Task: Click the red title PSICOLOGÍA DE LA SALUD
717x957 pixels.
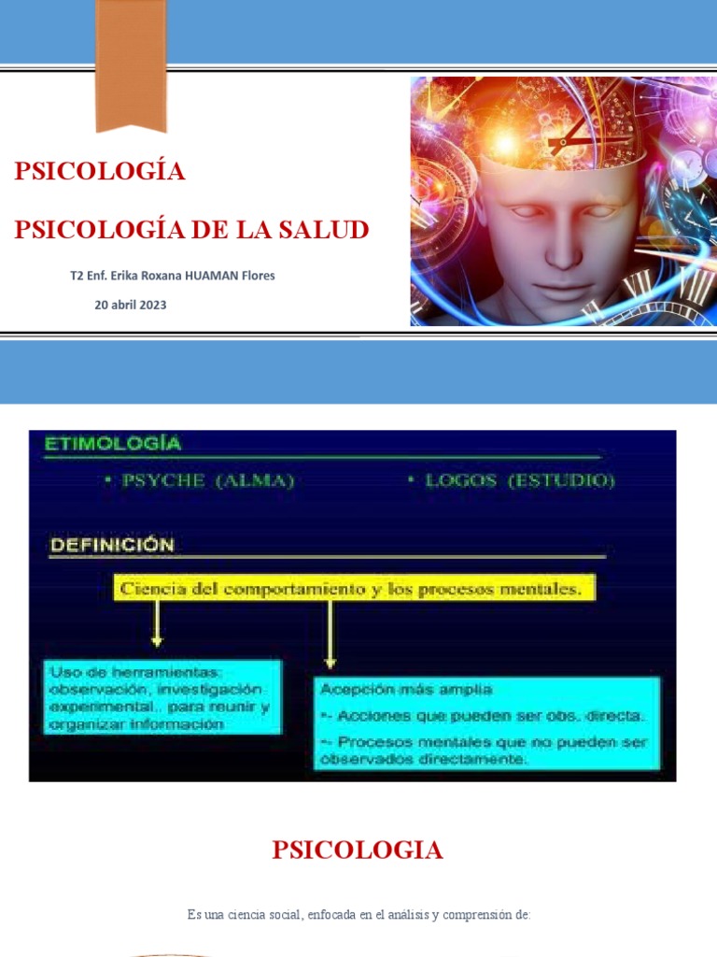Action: (x=191, y=229)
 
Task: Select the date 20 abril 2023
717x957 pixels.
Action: (x=131, y=305)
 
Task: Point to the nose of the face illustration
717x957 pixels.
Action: (x=562, y=250)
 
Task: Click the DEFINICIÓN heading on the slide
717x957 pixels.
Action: (x=111, y=544)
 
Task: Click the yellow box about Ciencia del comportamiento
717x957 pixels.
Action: (x=355, y=589)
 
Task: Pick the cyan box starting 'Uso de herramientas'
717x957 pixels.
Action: (x=161, y=697)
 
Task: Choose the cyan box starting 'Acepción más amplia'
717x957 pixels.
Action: (x=486, y=724)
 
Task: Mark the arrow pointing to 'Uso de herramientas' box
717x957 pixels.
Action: (x=157, y=624)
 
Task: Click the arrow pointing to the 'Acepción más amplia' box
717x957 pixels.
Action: (x=330, y=635)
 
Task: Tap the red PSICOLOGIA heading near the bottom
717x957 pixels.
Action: (x=358, y=850)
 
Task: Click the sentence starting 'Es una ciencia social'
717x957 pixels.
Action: (x=358, y=914)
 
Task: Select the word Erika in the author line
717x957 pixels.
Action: (x=131, y=276)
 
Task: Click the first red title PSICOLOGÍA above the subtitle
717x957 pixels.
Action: (x=99, y=171)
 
